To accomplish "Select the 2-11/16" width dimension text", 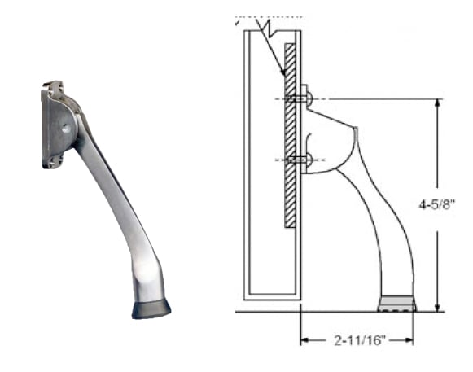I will (357, 339).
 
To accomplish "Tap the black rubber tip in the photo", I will (151, 309).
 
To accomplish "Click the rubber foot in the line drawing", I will (397, 304).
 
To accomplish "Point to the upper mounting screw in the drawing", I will (300, 99).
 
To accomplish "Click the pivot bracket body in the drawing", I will (330, 138).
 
